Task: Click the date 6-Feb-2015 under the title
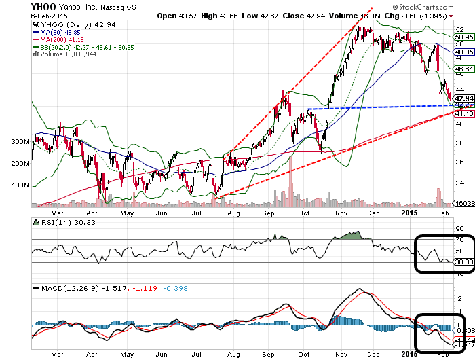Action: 18,16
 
